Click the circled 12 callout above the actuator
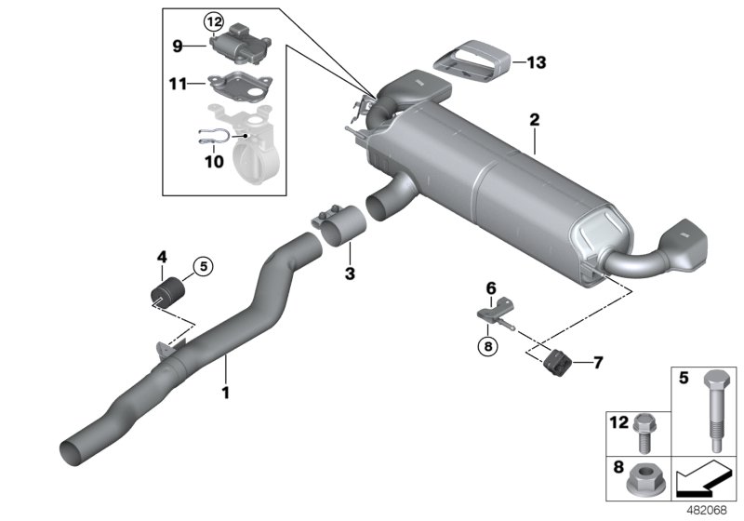pos(215,20)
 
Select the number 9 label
pos(177,44)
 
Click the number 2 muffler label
pos(535,119)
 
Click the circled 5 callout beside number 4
pos(204,266)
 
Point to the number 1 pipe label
pos(224,393)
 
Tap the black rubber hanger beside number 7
pos(559,359)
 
